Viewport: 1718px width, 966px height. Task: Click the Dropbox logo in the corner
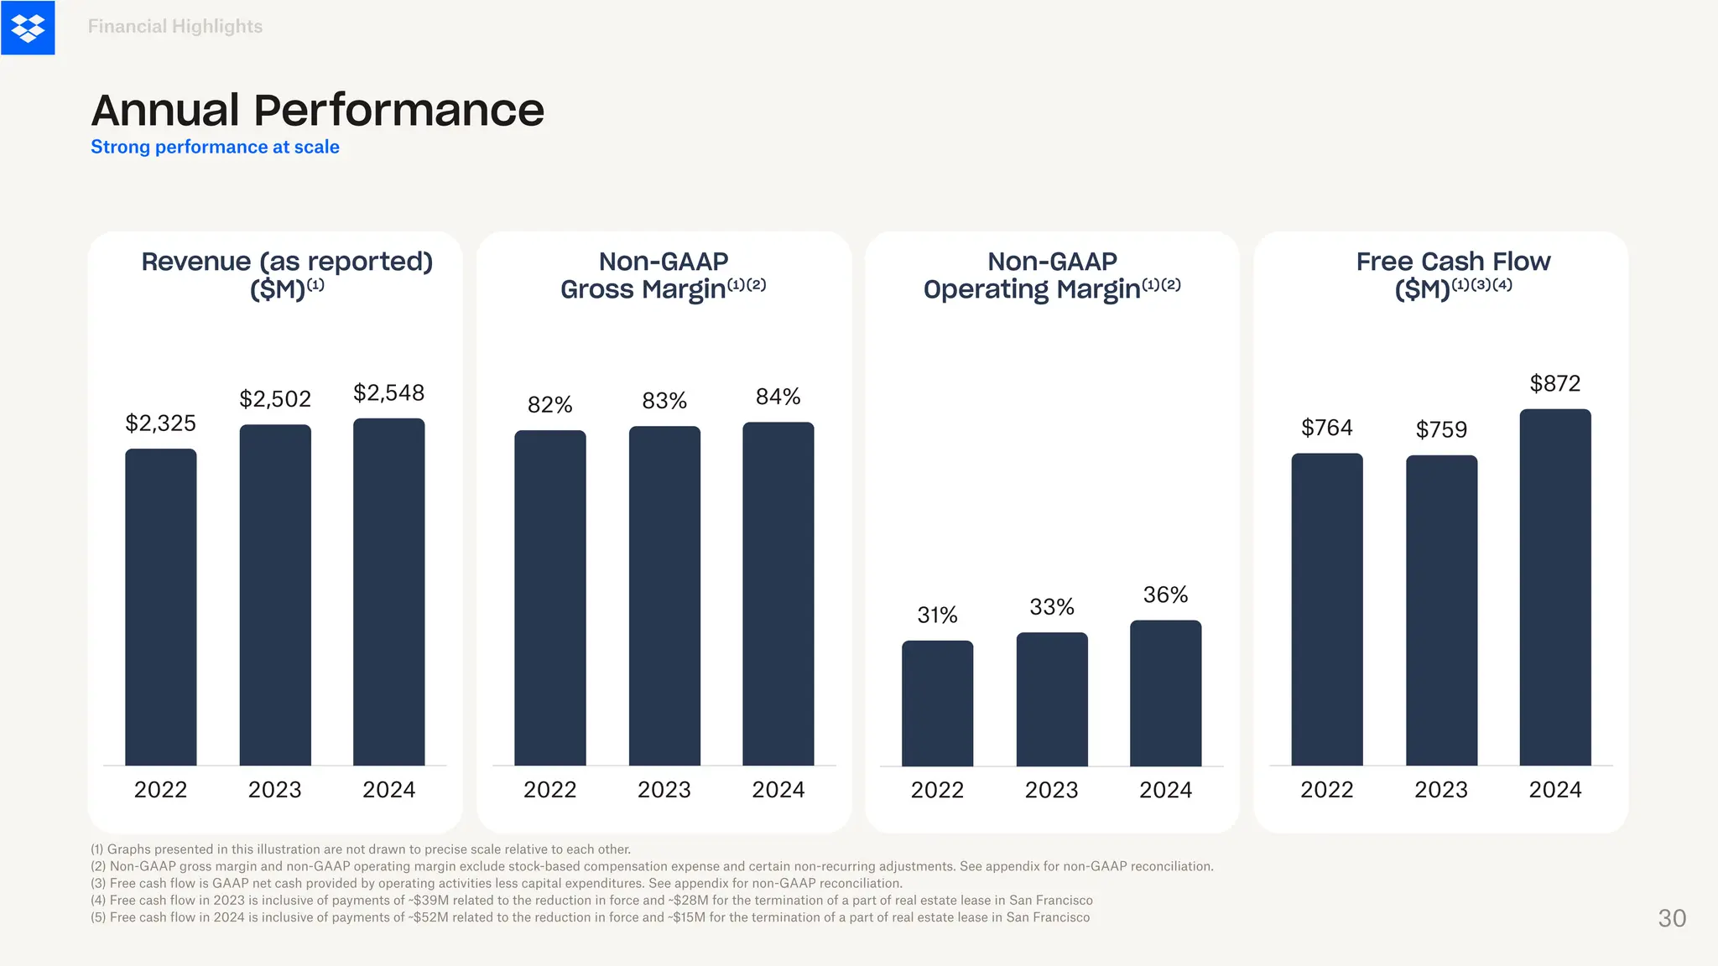point(28,28)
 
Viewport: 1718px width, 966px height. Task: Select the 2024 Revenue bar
point(388,591)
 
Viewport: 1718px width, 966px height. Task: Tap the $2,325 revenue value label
point(160,423)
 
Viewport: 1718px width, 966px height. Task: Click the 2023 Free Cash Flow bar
point(1441,610)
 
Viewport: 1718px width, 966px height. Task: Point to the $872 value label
point(1554,383)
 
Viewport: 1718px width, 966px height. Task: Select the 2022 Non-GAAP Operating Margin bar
point(937,703)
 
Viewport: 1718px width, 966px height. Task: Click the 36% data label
point(1165,595)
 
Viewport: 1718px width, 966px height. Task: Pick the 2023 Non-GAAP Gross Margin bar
point(664,595)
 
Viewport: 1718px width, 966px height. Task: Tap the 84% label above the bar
point(778,397)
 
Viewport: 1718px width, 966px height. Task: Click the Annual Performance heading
point(317,110)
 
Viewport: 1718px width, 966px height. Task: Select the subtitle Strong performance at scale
point(215,147)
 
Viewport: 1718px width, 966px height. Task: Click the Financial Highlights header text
point(174,27)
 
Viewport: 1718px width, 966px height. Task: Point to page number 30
point(1671,918)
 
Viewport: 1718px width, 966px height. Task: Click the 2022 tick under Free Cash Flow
point(1326,789)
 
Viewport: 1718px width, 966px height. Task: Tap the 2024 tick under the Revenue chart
point(388,789)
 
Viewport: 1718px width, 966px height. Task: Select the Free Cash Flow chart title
point(1453,274)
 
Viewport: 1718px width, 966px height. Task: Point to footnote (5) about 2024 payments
point(590,917)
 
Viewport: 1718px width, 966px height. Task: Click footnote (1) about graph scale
point(360,849)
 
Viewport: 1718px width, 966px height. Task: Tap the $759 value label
point(1440,429)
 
